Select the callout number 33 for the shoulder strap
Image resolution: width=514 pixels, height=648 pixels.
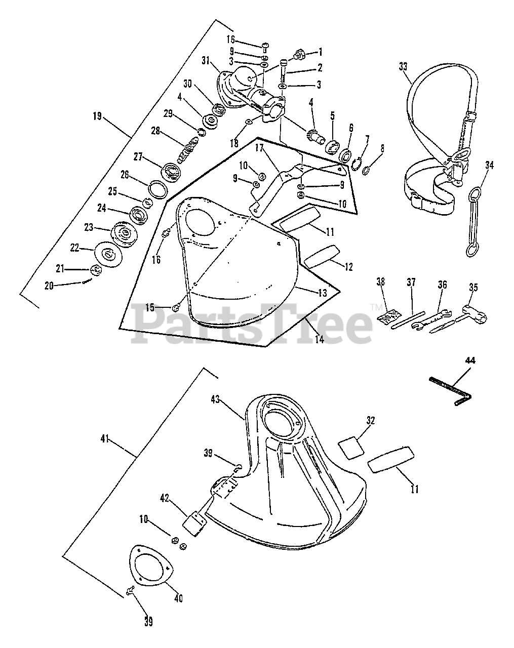(403, 66)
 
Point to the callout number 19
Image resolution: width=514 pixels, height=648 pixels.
(97, 116)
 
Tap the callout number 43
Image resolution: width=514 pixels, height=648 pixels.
(230, 399)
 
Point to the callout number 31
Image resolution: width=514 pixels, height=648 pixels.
(205, 61)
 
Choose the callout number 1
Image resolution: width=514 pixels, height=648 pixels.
(320, 52)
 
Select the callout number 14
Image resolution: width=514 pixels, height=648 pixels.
(319, 339)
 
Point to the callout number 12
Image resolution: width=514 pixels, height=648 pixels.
(348, 267)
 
